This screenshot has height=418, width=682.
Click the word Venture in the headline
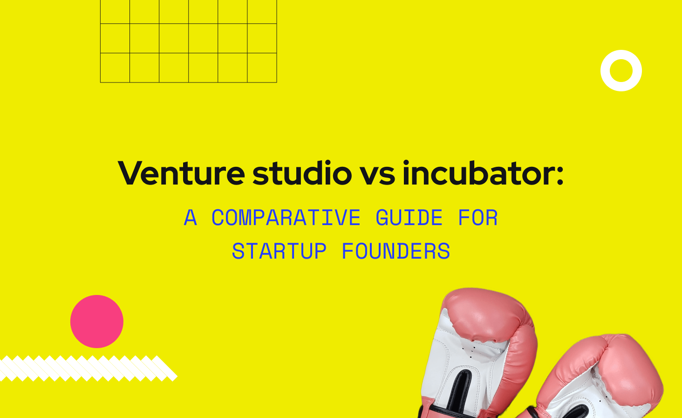click(x=181, y=173)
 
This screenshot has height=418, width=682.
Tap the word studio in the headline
click(x=302, y=173)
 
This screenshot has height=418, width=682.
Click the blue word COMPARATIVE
click(x=286, y=218)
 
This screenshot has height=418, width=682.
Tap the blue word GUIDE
click(x=409, y=218)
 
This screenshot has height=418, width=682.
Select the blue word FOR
click(x=477, y=218)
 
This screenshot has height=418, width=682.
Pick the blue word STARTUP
click(x=279, y=252)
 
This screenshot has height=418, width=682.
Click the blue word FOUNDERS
click(x=396, y=252)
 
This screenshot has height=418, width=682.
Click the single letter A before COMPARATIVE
click(x=190, y=218)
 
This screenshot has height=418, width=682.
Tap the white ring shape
click(x=621, y=70)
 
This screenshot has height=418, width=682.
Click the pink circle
click(x=97, y=322)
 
